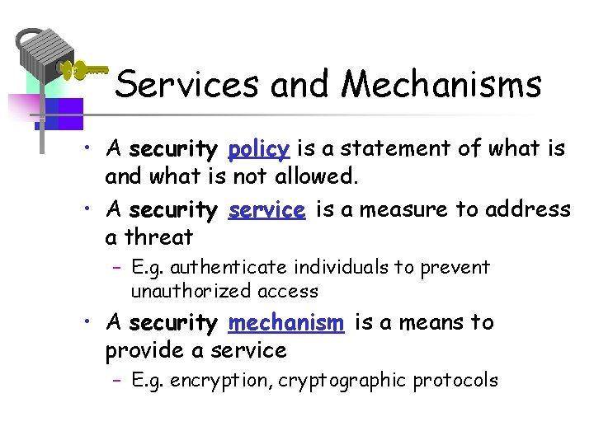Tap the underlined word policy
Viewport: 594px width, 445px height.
tap(258, 150)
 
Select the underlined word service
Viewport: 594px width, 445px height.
tap(266, 210)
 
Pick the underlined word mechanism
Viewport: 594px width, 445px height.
tap(285, 323)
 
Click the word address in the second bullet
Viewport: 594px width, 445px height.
tap(528, 210)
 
